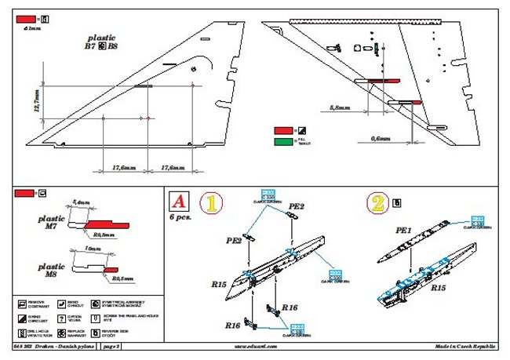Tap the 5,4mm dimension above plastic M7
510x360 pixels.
click(x=81, y=202)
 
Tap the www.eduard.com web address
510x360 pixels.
click(x=255, y=346)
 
